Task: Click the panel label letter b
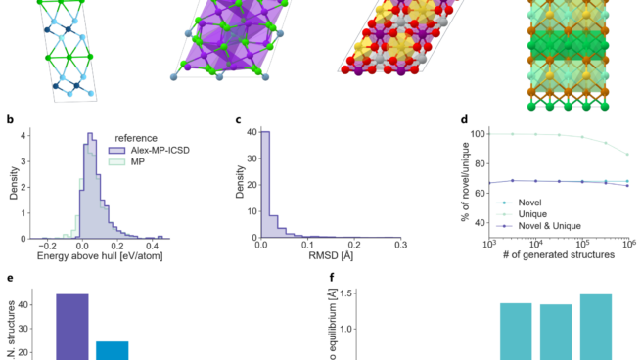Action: click(10, 122)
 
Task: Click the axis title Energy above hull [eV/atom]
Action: click(100, 256)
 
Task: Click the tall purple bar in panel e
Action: click(72, 327)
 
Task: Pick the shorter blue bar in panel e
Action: click(112, 350)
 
